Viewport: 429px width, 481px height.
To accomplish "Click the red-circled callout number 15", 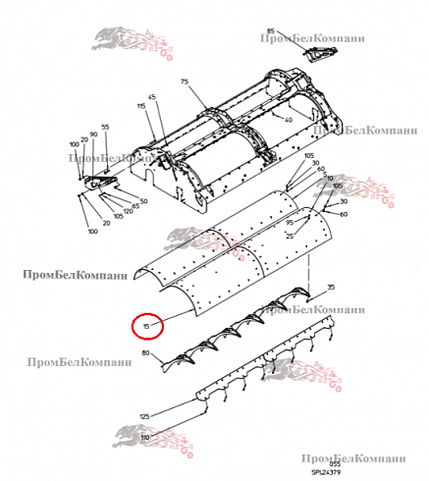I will pyautogui.click(x=146, y=326).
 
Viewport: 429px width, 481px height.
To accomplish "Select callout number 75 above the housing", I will pyautogui.click(x=183, y=84).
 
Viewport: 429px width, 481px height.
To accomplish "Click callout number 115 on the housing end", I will pyautogui.click(x=141, y=106).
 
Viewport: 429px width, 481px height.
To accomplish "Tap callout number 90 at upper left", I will pyautogui.click(x=93, y=134).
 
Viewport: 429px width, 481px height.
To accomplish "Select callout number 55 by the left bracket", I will pyautogui.click(x=105, y=128).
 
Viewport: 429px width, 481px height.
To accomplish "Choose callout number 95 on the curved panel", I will pyautogui.click(x=291, y=223).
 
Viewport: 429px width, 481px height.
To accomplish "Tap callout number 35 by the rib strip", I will pyautogui.click(x=331, y=287).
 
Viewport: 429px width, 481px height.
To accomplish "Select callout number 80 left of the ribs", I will pyautogui.click(x=146, y=352).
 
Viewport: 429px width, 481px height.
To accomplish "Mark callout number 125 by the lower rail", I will pyautogui.click(x=144, y=417).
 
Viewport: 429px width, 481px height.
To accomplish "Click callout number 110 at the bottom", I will pyautogui.click(x=144, y=437).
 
